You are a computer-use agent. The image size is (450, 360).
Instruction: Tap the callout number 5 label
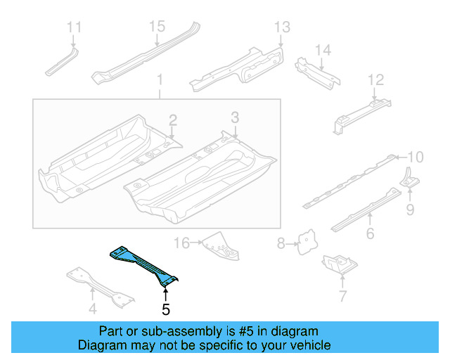pyautogui.click(x=165, y=308)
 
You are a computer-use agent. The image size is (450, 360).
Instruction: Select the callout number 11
pyautogui.click(x=75, y=28)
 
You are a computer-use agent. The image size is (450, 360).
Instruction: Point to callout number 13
pyautogui.click(x=281, y=27)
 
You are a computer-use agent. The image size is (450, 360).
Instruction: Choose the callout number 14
pyautogui.click(x=322, y=51)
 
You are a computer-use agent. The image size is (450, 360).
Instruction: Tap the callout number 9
pyautogui.click(x=409, y=209)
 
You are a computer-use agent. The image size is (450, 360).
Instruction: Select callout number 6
pyautogui.click(x=370, y=233)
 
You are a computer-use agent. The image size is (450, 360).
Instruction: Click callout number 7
pyautogui.click(x=342, y=296)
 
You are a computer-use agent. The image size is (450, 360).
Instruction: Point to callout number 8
pyautogui.click(x=281, y=244)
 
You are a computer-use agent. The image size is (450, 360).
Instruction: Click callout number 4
pyautogui.click(x=92, y=308)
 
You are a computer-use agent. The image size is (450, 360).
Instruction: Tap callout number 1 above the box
pyautogui.click(x=159, y=80)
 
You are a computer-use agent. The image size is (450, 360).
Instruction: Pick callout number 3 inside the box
pyautogui.click(x=235, y=117)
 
